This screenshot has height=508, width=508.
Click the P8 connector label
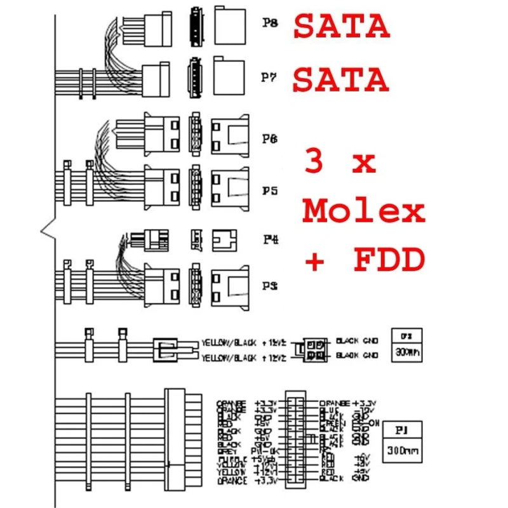(x=270, y=23)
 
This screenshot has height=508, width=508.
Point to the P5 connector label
(x=270, y=190)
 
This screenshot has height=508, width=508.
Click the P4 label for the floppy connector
(x=270, y=240)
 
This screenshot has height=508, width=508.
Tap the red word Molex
(x=363, y=211)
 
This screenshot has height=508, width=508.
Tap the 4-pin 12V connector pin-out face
(x=315, y=349)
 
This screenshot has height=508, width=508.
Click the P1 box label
(x=401, y=430)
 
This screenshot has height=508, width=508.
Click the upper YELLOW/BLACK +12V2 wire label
(x=244, y=342)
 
